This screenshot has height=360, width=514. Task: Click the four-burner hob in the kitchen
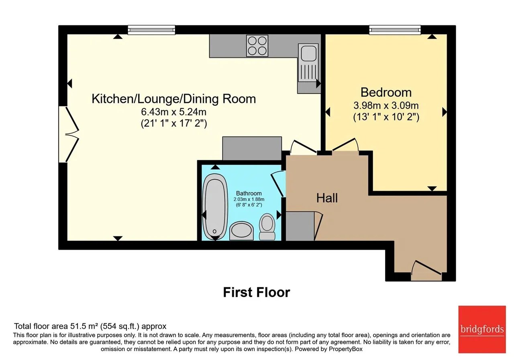pyautogui.click(x=257, y=46)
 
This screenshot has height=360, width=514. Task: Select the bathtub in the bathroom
pyautogui.click(x=215, y=207)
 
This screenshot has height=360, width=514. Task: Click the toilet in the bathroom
pyautogui.click(x=267, y=227)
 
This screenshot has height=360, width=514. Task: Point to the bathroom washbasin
pyautogui.click(x=241, y=231)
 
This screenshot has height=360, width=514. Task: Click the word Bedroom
pyautogui.click(x=386, y=92)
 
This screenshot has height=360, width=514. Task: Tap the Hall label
pyautogui.click(x=327, y=198)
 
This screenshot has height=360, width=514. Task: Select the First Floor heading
pyautogui.click(x=257, y=292)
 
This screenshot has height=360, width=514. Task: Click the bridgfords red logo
pyautogui.click(x=482, y=329)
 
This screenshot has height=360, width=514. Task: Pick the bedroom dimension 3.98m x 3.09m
pyautogui.click(x=386, y=106)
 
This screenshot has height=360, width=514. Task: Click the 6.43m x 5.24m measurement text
pyautogui.click(x=174, y=112)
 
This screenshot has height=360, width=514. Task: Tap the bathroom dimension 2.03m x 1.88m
pyautogui.click(x=249, y=199)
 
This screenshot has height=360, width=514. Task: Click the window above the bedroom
pyautogui.click(x=395, y=30)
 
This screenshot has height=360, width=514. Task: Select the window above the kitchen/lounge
pyautogui.click(x=151, y=30)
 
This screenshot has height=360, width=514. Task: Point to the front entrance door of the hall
pyautogui.click(x=426, y=270)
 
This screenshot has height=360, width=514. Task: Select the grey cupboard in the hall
pyautogui.click(x=300, y=226)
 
